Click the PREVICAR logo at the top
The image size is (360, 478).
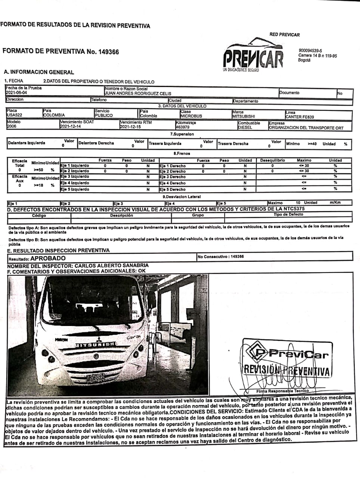pos(253,56)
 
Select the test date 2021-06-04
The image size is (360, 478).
pos(16,93)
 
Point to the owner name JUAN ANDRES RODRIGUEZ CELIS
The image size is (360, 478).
pos(138,93)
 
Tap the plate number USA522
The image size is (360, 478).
pos(15,115)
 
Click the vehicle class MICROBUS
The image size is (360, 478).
pos(191,116)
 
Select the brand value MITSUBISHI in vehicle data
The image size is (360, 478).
pos(243,117)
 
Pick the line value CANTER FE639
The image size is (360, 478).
pos(300,117)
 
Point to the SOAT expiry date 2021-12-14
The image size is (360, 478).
pos(70,127)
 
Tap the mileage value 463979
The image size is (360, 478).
pos(183,127)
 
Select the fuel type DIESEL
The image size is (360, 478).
pos(245,128)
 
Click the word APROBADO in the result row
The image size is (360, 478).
pos(48,258)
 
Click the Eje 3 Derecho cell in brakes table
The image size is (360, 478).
pos(172,177)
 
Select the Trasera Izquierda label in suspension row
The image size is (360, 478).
pos(165,144)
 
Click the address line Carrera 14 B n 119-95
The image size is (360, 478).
pos(317,56)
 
